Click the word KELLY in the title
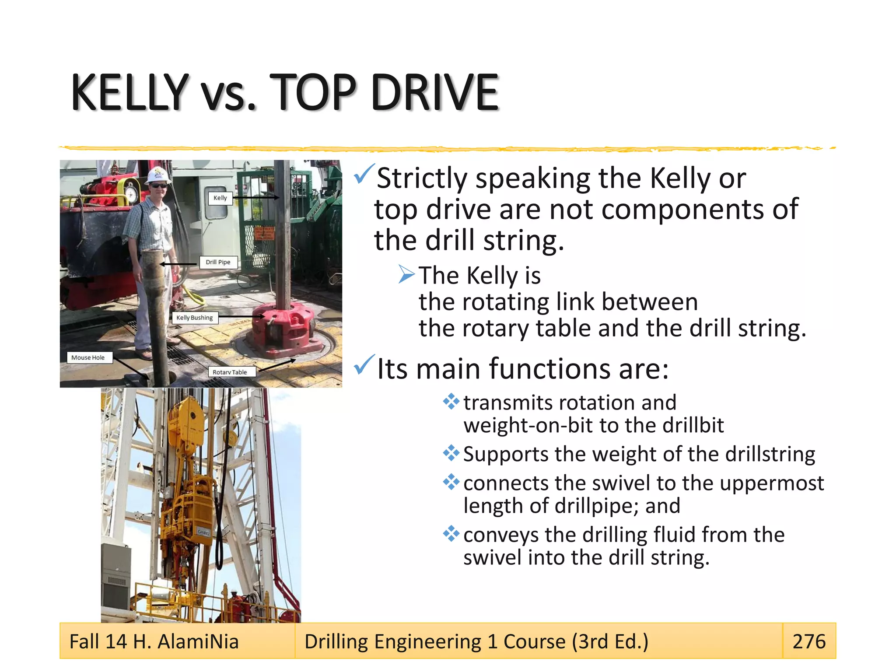tap(129, 93)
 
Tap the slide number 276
tap(808, 641)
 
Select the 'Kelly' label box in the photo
tap(220, 198)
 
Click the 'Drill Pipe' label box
tap(218, 262)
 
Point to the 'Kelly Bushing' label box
tap(194, 318)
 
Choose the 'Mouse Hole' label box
tap(88, 357)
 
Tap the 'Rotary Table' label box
tap(230, 372)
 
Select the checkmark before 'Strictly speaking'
tap(364, 174)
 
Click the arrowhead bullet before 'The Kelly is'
tap(406, 275)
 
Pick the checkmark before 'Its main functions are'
tap(364, 365)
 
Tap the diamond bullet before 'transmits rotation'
tap(451, 401)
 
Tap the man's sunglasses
tap(158, 186)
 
